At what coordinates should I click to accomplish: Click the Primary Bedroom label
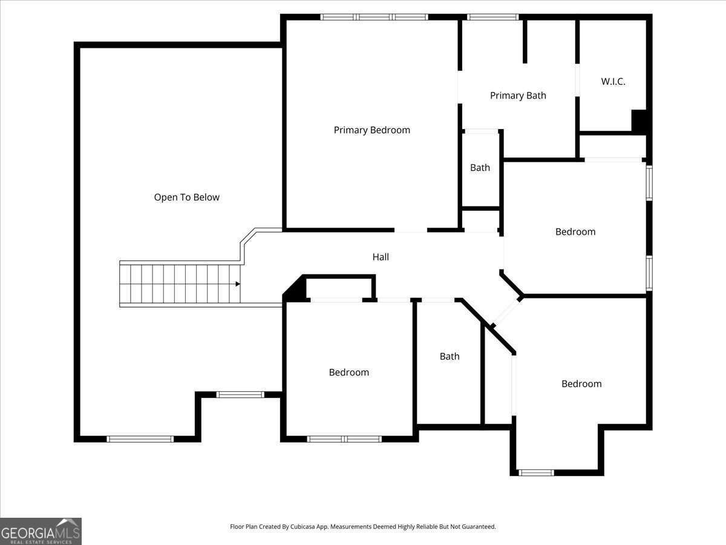[x=371, y=130]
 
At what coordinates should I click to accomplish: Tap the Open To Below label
[x=186, y=197]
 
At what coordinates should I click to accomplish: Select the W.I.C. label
[x=613, y=82]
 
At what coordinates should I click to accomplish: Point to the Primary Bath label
[x=518, y=96]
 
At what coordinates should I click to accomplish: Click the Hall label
[x=381, y=257]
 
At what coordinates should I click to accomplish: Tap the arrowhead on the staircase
[x=238, y=284]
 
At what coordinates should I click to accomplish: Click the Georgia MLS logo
[x=41, y=531]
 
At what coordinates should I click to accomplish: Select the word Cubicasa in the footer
[x=302, y=526]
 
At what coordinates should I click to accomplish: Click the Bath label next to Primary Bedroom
[x=480, y=168]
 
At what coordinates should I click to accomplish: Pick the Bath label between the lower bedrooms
[x=450, y=357]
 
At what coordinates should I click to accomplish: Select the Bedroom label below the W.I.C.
[x=575, y=232]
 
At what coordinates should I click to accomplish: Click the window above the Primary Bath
[x=493, y=17]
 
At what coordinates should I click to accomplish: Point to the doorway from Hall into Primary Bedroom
[x=411, y=230]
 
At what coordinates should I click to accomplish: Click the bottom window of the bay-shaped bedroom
[x=536, y=472]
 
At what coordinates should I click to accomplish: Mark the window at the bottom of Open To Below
[x=140, y=439]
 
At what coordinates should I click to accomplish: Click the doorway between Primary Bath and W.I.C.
[x=578, y=80]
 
